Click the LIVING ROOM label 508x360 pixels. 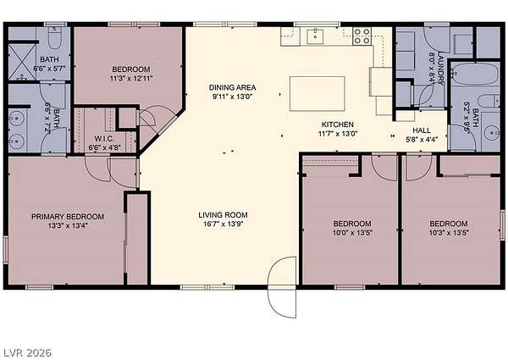coord(223,215)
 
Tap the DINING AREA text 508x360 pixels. coord(232,87)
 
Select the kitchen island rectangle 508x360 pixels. coord(317,94)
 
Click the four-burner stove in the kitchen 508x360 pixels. coord(362,36)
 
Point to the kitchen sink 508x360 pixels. coord(315,36)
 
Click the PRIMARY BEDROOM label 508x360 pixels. coord(68,217)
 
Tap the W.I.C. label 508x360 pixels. coord(104,139)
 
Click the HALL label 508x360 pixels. coord(422,130)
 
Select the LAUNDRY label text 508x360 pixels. coord(441,68)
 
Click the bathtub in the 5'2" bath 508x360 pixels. coord(475,75)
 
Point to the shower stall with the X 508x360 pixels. coord(22,62)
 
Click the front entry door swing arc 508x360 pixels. coord(282,287)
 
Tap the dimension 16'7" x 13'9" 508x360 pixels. coord(224,224)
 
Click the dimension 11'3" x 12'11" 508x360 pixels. coord(131,78)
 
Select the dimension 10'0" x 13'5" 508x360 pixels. coord(352,232)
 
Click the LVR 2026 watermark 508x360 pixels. coord(28,352)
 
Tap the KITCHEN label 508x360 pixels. coord(338,125)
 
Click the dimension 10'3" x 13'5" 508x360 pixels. coord(449,232)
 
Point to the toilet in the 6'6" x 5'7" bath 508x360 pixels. coord(55,37)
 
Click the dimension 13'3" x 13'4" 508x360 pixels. coord(68,225)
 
